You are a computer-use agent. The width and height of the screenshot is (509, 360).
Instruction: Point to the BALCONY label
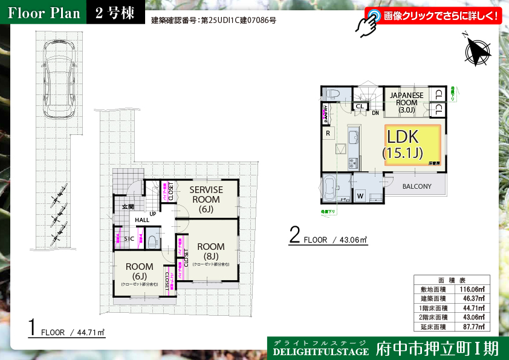click(x=417, y=186)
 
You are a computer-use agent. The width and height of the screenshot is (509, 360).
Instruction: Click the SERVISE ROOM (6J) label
click(x=206, y=199)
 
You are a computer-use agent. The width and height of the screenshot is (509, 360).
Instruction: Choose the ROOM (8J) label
click(x=210, y=250)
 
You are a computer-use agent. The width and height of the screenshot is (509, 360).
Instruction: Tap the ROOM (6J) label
click(x=139, y=270)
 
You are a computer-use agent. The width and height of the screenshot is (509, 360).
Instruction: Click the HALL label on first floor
click(x=142, y=220)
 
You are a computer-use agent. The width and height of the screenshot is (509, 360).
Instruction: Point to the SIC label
click(x=129, y=239)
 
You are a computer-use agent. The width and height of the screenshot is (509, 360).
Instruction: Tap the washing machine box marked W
click(x=360, y=195)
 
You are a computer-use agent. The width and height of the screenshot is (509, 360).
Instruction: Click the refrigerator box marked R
click(x=328, y=133)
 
